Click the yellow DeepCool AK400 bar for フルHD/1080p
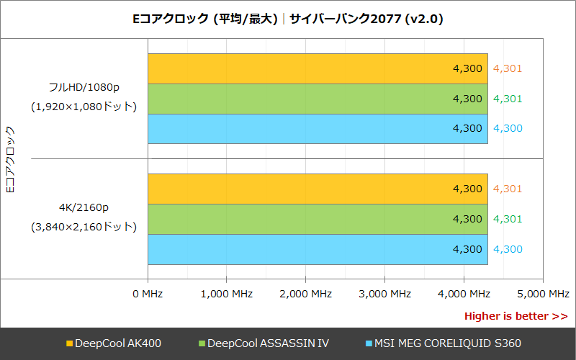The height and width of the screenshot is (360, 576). click(318, 69)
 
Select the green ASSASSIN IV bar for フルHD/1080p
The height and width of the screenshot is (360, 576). click(318, 99)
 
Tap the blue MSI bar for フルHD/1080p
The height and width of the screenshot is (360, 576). click(318, 128)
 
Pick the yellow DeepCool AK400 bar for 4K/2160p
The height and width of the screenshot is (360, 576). click(318, 189)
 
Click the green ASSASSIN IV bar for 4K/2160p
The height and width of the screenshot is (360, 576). click(318, 219)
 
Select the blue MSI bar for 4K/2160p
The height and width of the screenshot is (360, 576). click(318, 249)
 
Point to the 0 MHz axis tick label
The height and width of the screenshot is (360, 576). click(148, 294)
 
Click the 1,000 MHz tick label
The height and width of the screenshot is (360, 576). click(226, 294)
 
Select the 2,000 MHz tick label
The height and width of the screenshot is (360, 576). click(305, 294)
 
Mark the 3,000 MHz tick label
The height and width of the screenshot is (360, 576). click(384, 294)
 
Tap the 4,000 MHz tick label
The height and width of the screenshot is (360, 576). click(464, 294)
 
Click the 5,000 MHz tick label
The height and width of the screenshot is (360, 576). click(543, 294)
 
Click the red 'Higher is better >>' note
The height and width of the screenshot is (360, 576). click(516, 316)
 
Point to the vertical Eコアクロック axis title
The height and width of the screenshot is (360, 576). click(10, 159)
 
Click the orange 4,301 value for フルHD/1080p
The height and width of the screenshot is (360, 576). click(508, 69)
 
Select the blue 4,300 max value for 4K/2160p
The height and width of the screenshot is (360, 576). click(508, 249)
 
